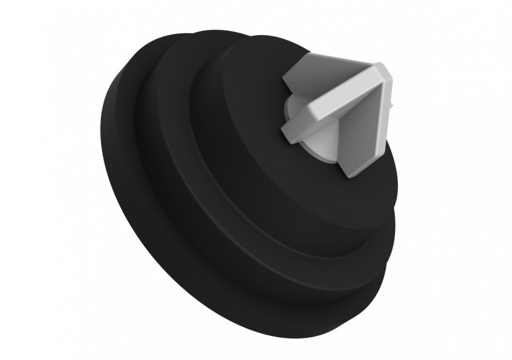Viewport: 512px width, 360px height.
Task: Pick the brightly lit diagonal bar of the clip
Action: point(345,99)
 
